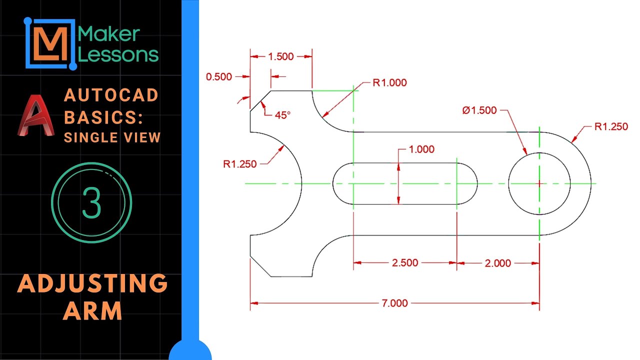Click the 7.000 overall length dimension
[x=394, y=303]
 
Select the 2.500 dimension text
[x=405, y=263]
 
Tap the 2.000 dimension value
[x=498, y=263]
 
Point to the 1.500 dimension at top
[x=281, y=56]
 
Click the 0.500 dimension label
[x=218, y=76]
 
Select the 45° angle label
[x=282, y=114]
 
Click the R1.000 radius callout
[x=389, y=83]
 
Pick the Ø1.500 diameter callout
[x=479, y=110]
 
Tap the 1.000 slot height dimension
[x=421, y=149]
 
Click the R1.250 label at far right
[x=611, y=126]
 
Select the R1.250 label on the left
[x=240, y=163]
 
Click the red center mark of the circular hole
[x=539, y=183]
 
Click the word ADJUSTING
[x=92, y=284]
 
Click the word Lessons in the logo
[x=119, y=54]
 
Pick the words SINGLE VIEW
[x=112, y=137]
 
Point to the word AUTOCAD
[x=111, y=95]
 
